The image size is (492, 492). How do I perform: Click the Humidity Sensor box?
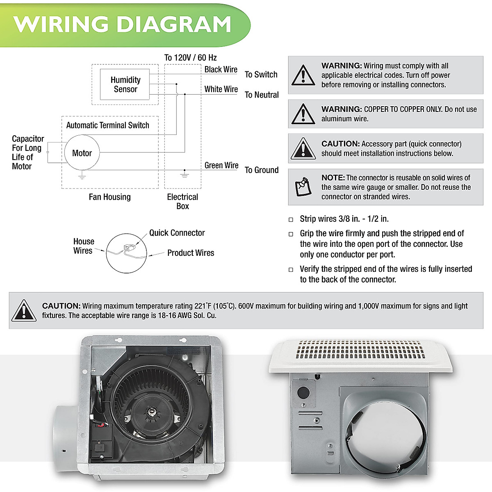click(125, 84)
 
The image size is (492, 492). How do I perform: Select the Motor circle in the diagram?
click(82, 153)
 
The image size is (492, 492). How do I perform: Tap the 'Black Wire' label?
click(221, 70)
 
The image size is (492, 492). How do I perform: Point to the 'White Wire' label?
click(221, 89)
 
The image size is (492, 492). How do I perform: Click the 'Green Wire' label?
click(221, 166)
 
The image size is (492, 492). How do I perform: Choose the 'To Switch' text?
click(261, 75)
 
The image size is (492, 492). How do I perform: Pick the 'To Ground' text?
click(262, 170)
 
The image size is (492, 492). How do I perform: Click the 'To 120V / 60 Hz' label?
click(190, 58)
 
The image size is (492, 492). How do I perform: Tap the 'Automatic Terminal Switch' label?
click(107, 125)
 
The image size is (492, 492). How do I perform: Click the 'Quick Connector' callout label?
click(177, 233)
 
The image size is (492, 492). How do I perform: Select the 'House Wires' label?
click(83, 246)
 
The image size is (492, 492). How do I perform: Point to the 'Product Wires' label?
click(191, 253)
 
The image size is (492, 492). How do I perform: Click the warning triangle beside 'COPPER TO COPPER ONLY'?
click(303, 114)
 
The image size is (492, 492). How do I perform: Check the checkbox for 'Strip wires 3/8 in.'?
click(291, 220)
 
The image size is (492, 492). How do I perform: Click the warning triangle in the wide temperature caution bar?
click(24, 311)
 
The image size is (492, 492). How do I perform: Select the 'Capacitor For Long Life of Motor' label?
click(27, 153)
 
